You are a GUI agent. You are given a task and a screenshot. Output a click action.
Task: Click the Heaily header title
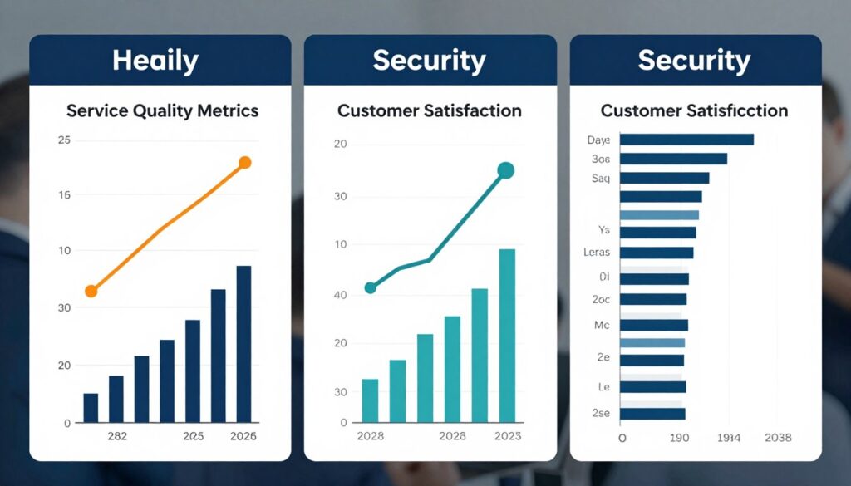point(155,60)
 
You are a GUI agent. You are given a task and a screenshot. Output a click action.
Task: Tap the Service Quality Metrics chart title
point(162,110)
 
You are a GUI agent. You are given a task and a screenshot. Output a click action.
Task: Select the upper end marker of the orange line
point(244,163)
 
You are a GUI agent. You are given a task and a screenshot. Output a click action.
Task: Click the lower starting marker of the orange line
point(91,291)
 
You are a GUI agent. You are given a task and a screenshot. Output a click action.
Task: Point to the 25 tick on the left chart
point(64,140)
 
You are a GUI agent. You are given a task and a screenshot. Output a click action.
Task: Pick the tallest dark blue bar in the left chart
point(243,344)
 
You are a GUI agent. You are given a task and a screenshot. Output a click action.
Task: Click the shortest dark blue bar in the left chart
point(91,407)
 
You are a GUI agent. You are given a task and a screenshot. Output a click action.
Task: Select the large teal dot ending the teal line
point(505,171)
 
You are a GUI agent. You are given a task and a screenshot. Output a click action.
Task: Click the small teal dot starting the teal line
point(371,288)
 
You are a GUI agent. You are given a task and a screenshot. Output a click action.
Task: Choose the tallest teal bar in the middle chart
point(507,336)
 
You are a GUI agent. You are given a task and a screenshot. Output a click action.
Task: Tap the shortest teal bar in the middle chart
point(370,400)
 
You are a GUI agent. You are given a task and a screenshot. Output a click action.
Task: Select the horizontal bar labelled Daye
point(686,140)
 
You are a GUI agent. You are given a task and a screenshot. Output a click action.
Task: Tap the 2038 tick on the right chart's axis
point(777,437)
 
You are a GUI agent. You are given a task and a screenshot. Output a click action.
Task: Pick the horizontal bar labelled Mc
point(654,325)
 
